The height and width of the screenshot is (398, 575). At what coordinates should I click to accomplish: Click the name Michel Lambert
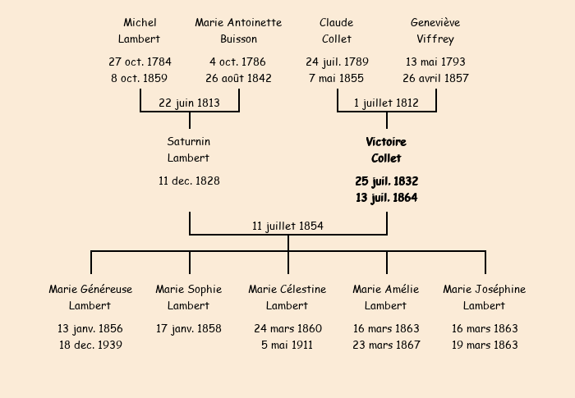pyautogui.click(x=140, y=30)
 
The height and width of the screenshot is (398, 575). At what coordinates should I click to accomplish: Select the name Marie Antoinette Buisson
pyautogui.click(x=238, y=30)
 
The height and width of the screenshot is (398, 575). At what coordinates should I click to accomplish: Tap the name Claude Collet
pyautogui.click(x=337, y=30)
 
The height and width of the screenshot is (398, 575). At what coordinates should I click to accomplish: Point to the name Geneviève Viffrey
pyautogui.click(x=435, y=30)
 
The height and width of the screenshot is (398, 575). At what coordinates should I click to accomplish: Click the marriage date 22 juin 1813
pyautogui.click(x=189, y=103)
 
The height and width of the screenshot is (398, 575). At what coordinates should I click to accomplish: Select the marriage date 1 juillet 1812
pyautogui.click(x=386, y=103)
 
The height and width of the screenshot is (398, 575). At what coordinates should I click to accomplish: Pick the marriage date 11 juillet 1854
pyautogui.click(x=287, y=226)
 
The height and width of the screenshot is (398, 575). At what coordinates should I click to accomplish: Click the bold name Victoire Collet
pyautogui.click(x=386, y=149)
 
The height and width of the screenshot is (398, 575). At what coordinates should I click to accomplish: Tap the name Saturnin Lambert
pyautogui.click(x=189, y=149)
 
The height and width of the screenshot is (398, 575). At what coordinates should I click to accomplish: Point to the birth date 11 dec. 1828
pyautogui.click(x=189, y=181)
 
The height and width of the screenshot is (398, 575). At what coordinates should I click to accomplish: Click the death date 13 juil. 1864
pyautogui.click(x=386, y=197)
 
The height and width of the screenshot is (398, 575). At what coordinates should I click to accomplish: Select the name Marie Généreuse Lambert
pyautogui.click(x=90, y=297)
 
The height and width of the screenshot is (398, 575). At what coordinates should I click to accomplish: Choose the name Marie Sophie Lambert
pyautogui.click(x=189, y=297)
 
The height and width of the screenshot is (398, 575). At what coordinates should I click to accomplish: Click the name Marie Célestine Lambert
pyautogui.click(x=287, y=297)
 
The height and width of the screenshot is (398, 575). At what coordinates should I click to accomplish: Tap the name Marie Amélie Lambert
pyautogui.click(x=386, y=297)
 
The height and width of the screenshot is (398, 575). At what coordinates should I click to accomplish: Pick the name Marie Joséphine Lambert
pyautogui.click(x=485, y=297)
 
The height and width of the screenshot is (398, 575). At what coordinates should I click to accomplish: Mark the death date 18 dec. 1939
pyautogui.click(x=90, y=345)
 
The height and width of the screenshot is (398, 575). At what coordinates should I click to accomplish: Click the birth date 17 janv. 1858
pyautogui.click(x=189, y=328)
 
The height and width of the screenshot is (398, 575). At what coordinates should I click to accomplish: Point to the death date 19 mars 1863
pyautogui.click(x=485, y=345)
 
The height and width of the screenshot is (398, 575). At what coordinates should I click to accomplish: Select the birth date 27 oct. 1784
pyautogui.click(x=140, y=62)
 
